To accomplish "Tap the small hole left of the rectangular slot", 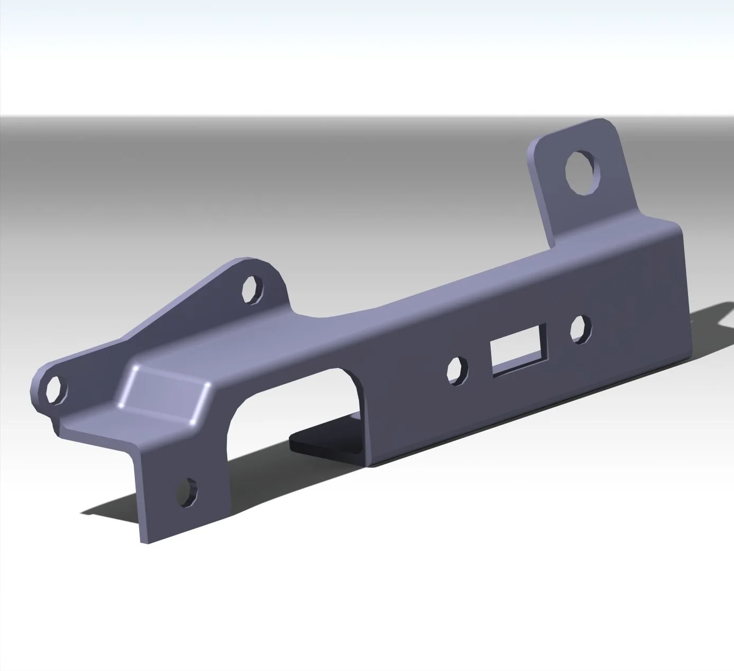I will (457, 370).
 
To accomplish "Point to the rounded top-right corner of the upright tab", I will (611, 123).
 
